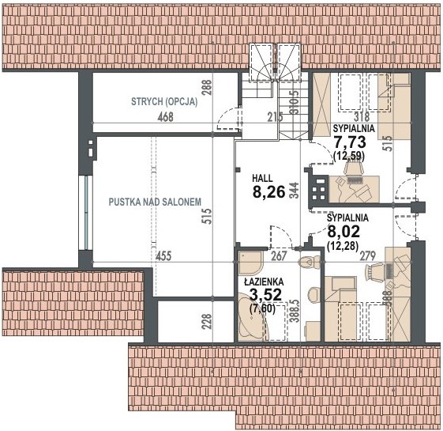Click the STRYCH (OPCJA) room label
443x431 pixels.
[164, 101]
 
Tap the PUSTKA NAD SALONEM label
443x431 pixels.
[155, 202]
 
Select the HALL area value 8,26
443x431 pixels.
[269, 192]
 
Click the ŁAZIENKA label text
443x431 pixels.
[265, 282]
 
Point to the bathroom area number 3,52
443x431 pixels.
[266, 295]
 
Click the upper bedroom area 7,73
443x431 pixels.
[350, 142]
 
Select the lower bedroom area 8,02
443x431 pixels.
[344, 232]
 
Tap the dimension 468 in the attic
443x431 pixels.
[166, 117]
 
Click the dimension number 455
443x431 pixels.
[163, 256]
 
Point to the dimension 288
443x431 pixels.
[208, 88]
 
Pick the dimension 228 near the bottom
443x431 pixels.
[208, 321]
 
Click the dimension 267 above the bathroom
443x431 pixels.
[279, 256]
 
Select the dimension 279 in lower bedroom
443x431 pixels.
[367, 256]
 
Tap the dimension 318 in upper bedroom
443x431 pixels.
[362, 116]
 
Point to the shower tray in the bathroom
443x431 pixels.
[251, 262]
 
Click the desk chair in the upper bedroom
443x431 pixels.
[353, 167]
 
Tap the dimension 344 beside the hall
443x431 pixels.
[294, 190]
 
